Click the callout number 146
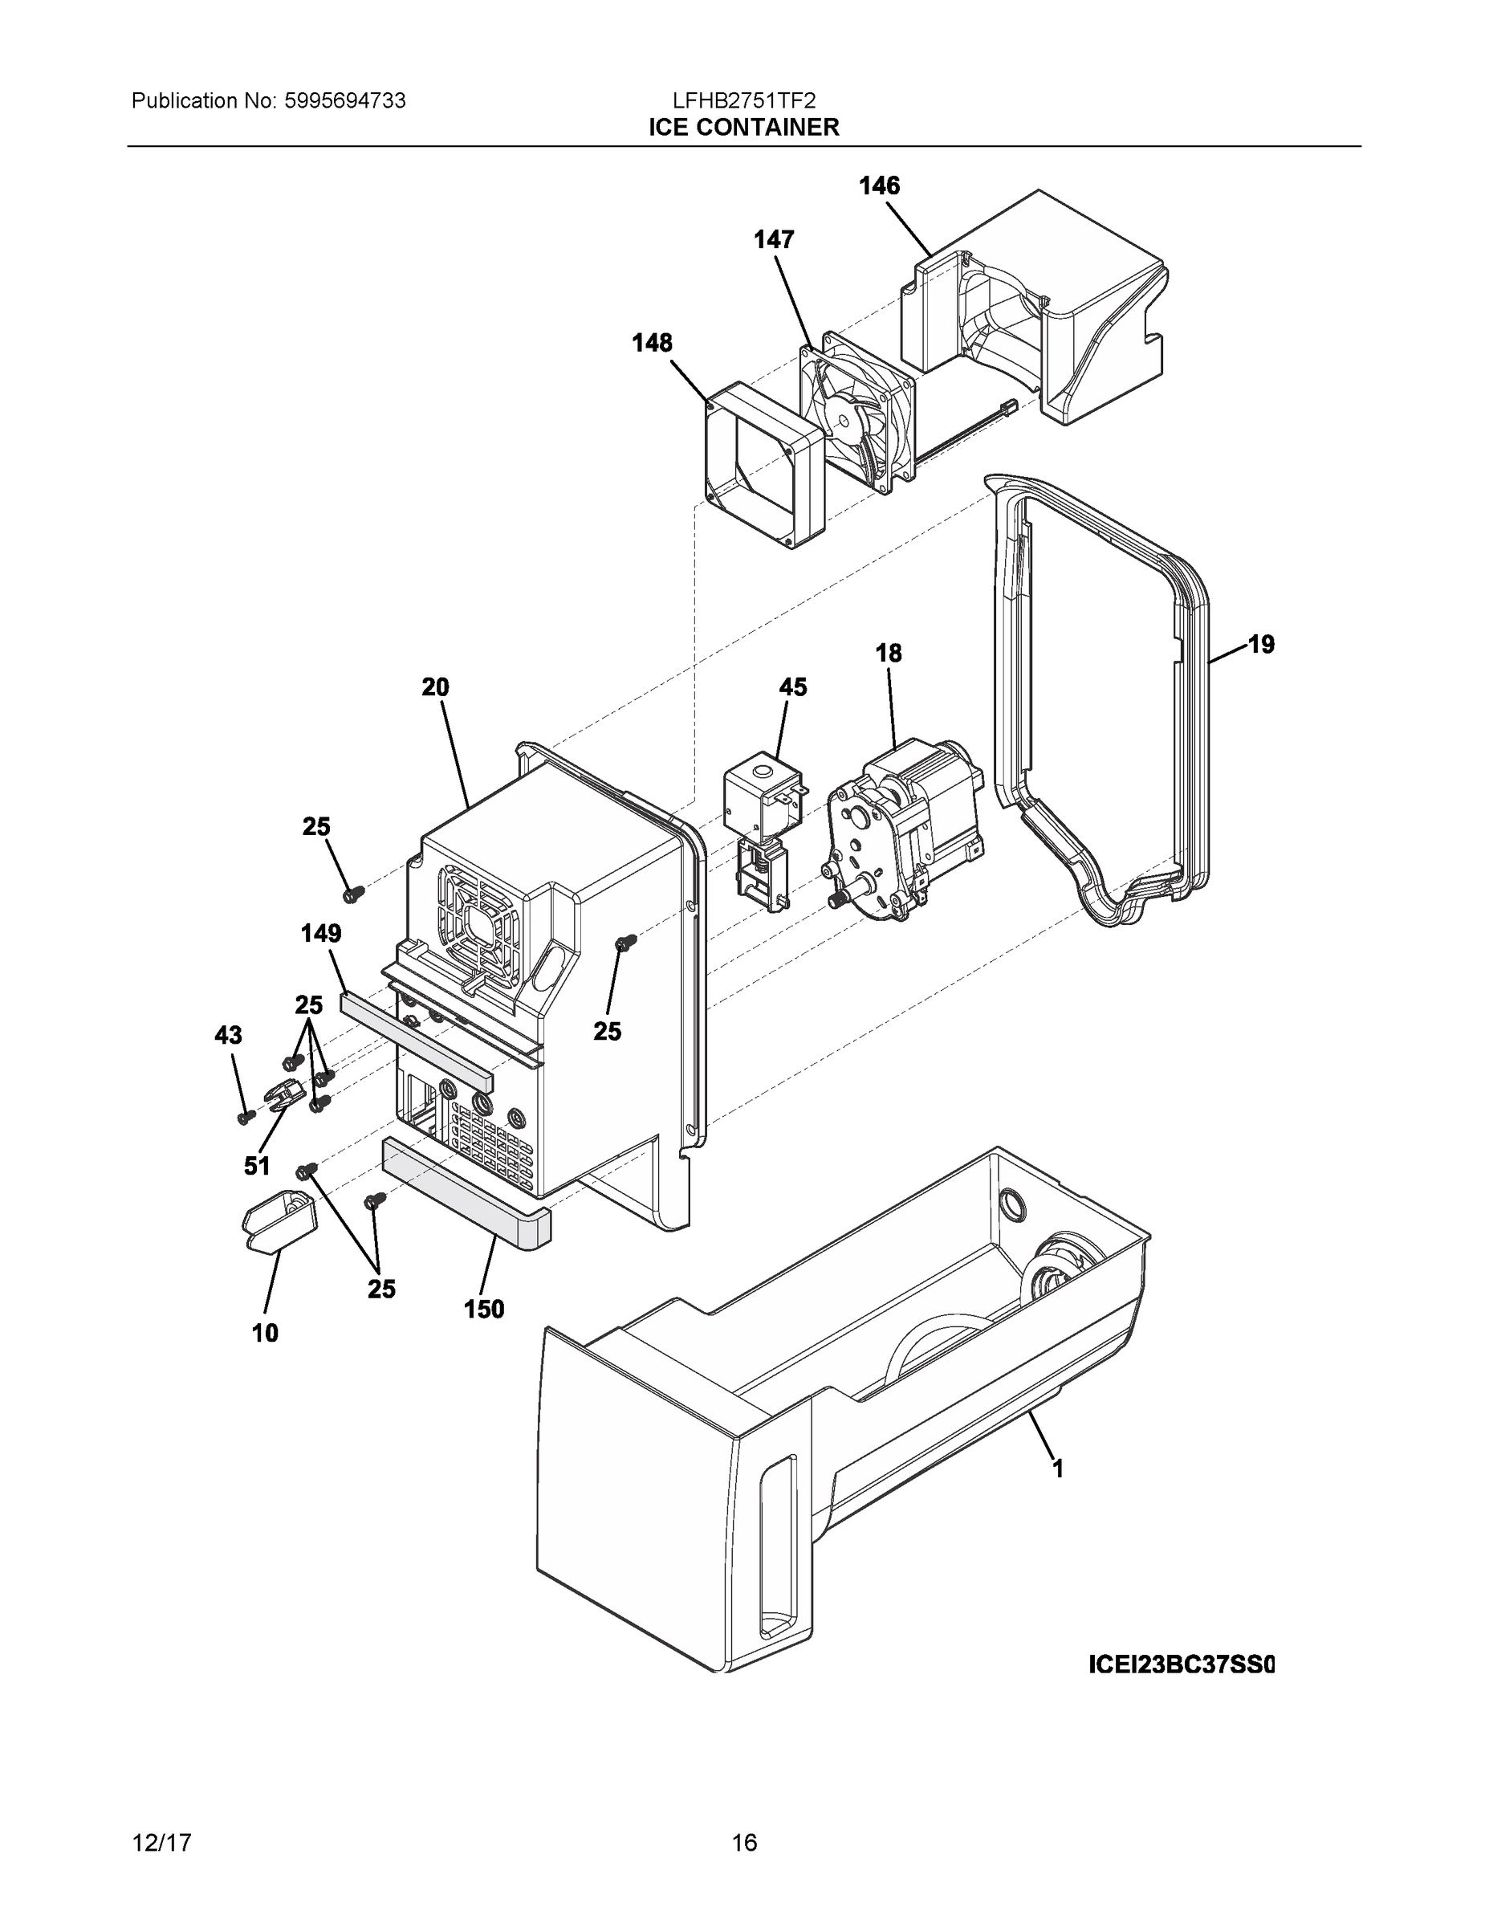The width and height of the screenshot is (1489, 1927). tap(880, 185)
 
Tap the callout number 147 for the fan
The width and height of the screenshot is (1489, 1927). tap(774, 239)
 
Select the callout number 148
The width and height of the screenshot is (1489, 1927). tap(652, 342)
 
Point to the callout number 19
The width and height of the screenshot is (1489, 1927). tap(1261, 645)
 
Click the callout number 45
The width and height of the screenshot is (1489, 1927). tap(792, 686)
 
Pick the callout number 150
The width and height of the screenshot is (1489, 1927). tap(484, 1310)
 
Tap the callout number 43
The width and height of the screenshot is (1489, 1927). tap(229, 1035)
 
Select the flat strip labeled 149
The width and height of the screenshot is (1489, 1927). tap(418, 1037)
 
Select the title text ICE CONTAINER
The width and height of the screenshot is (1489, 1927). tap(743, 127)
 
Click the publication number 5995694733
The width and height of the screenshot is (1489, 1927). tap(344, 100)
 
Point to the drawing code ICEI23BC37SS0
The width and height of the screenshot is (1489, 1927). tap(1181, 1665)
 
